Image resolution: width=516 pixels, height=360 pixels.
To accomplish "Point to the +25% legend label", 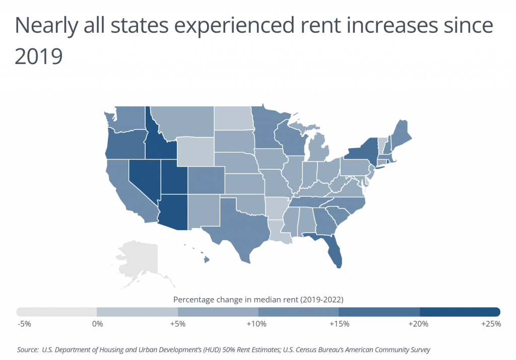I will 490,324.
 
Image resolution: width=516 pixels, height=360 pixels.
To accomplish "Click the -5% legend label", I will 24,324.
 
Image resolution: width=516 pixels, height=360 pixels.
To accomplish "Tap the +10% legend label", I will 257,324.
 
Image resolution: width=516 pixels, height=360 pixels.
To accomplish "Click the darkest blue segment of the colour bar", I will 460,311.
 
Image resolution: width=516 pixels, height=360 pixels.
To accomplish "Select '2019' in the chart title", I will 38,56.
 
